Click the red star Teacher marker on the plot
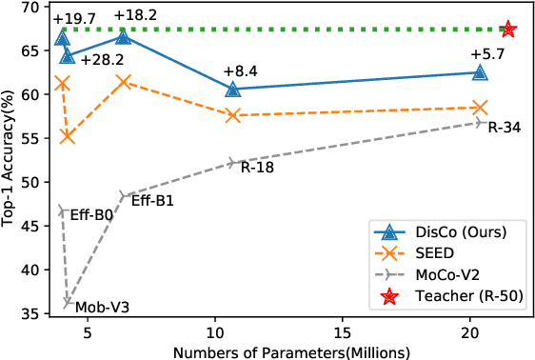tap(508, 30)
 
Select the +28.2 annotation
tap(102, 61)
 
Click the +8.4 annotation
tap(240, 70)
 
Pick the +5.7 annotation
tap(488, 54)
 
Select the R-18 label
tap(257, 167)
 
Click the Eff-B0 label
tap(91, 215)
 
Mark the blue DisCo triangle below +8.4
tap(233, 90)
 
